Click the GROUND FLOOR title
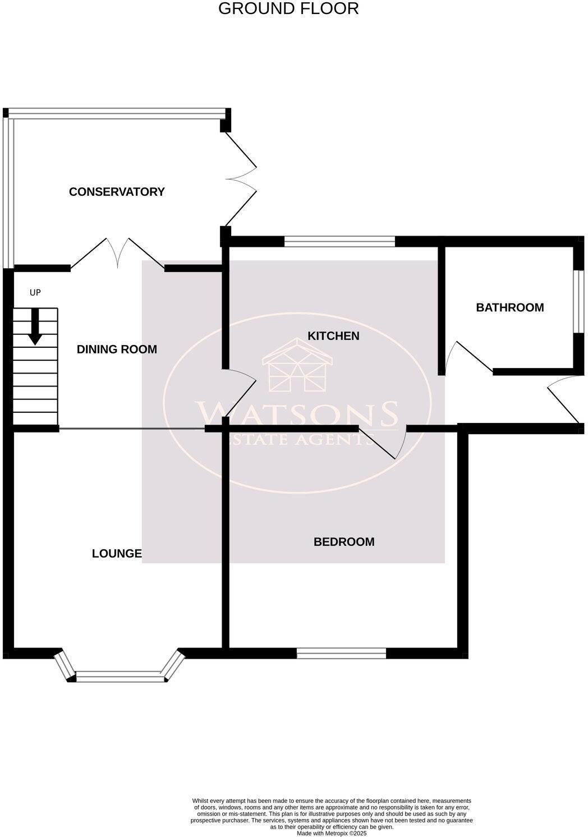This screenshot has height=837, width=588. tap(288, 9)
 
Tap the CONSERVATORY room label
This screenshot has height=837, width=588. tap(117, 192)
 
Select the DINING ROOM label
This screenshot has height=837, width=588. tap(117, 349)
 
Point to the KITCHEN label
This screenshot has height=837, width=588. tap(333, 336)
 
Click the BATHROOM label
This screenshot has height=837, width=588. tap(509, 307)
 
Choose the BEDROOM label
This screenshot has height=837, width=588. tap(344, 542)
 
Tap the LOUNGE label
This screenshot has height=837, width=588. tap(117, 554)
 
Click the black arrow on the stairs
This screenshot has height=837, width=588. tap(35, 327)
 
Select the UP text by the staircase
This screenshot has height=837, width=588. tap(35, 293)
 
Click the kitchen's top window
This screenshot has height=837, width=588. tap(339, 242)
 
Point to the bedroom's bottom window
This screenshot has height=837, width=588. tap(341, 653)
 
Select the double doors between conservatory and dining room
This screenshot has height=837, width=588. tap(118, 254)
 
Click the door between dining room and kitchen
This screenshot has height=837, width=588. tap(240, 393)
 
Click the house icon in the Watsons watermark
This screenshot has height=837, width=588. tap(297, 365)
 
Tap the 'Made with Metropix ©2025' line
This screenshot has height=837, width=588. tap(332, 834)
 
